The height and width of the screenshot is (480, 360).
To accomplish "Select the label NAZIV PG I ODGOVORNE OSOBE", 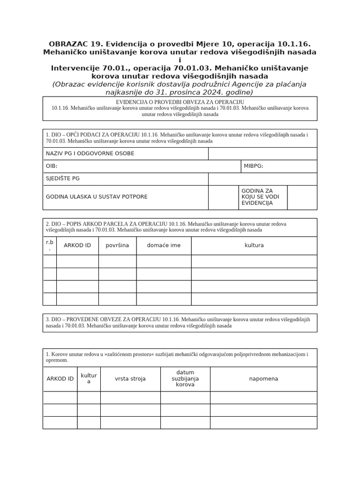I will click(90, 154).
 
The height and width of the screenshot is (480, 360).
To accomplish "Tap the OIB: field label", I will click(52, 166).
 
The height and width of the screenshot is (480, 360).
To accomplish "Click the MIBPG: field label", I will click(253, 166).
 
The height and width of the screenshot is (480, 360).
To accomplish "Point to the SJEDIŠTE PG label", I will click(63, 179).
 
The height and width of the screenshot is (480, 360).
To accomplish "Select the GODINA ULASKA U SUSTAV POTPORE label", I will click(96, 197).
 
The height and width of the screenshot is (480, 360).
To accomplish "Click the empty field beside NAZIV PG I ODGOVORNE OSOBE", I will click(262, 154).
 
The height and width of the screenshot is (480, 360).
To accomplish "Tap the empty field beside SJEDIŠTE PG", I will click(262, 179).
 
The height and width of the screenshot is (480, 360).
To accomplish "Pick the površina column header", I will click(117, 246).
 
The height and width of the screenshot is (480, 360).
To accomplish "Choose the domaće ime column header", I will click(164, 246).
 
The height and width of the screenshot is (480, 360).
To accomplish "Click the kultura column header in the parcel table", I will click(254, 246).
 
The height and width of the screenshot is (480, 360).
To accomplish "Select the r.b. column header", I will click(50, 246).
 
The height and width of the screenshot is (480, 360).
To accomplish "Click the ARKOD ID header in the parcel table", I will click(77, 246).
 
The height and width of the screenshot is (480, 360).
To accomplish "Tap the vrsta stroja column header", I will click(130, 379).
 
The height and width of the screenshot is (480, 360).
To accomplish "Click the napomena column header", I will click(263, 379).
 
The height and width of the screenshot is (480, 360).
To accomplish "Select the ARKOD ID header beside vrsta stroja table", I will click(60, 379).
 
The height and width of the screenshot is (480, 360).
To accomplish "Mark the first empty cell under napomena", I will click(263, 397).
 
